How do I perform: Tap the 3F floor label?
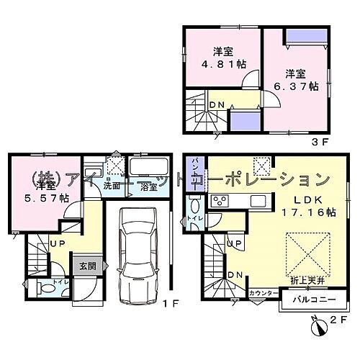click(x=320, y=142)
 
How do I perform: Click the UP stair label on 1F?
click(x=58, y=245)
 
